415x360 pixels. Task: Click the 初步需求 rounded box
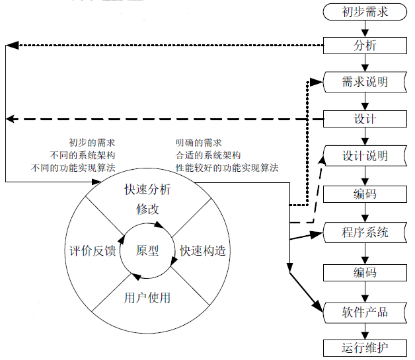[x=365, y=11]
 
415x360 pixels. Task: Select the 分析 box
[x=365, y=46]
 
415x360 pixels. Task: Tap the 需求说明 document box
[x=365, y=83]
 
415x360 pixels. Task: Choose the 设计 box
[x=365, y=119]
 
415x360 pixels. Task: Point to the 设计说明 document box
[x=365, y=157]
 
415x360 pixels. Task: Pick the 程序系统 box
[x=365, y=233]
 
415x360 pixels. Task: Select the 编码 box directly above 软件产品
[x=365, y=272]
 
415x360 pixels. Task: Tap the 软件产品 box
[x=365, y=311]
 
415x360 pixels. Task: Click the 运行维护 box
[x=365, y=348]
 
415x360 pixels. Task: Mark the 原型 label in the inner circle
[x=147, y=251]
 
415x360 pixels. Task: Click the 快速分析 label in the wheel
[x=147, y=190]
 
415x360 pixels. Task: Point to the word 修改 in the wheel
[x=147, y=209]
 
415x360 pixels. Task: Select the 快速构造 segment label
[x=203, y=251]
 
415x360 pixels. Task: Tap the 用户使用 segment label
[x=147, y=298]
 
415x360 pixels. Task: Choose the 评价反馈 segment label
[x=93, y=251]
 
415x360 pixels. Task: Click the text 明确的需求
[x=198, y=143]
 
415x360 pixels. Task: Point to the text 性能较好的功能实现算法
[x=227, y=168]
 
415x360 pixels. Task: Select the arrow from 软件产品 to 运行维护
[x=365, y=330]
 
